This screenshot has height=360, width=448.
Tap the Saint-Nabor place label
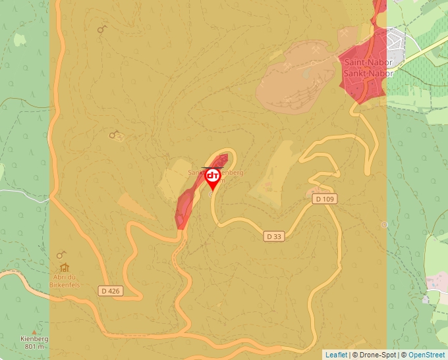tap(368, 63)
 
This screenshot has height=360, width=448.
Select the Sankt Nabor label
tap(368, 73)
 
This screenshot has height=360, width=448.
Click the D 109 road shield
tap(323, 198)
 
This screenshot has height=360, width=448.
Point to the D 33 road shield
tap(275, 236)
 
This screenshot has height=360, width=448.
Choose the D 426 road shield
tap(111, 290)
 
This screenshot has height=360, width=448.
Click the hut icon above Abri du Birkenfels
tap(64, 268)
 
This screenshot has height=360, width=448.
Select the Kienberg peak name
tap(34, 339)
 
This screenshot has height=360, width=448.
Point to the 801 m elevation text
tap(34, 347)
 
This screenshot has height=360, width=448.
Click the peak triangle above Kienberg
tap(34, 331)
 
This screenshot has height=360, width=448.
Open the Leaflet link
tap(336, 355)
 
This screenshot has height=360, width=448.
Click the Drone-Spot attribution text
tap(377, 355)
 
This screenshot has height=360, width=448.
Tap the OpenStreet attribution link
tap(426, 355)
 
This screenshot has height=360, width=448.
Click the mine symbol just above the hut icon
tap(61, 255)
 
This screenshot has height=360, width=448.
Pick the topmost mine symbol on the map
tap(102, 29)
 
